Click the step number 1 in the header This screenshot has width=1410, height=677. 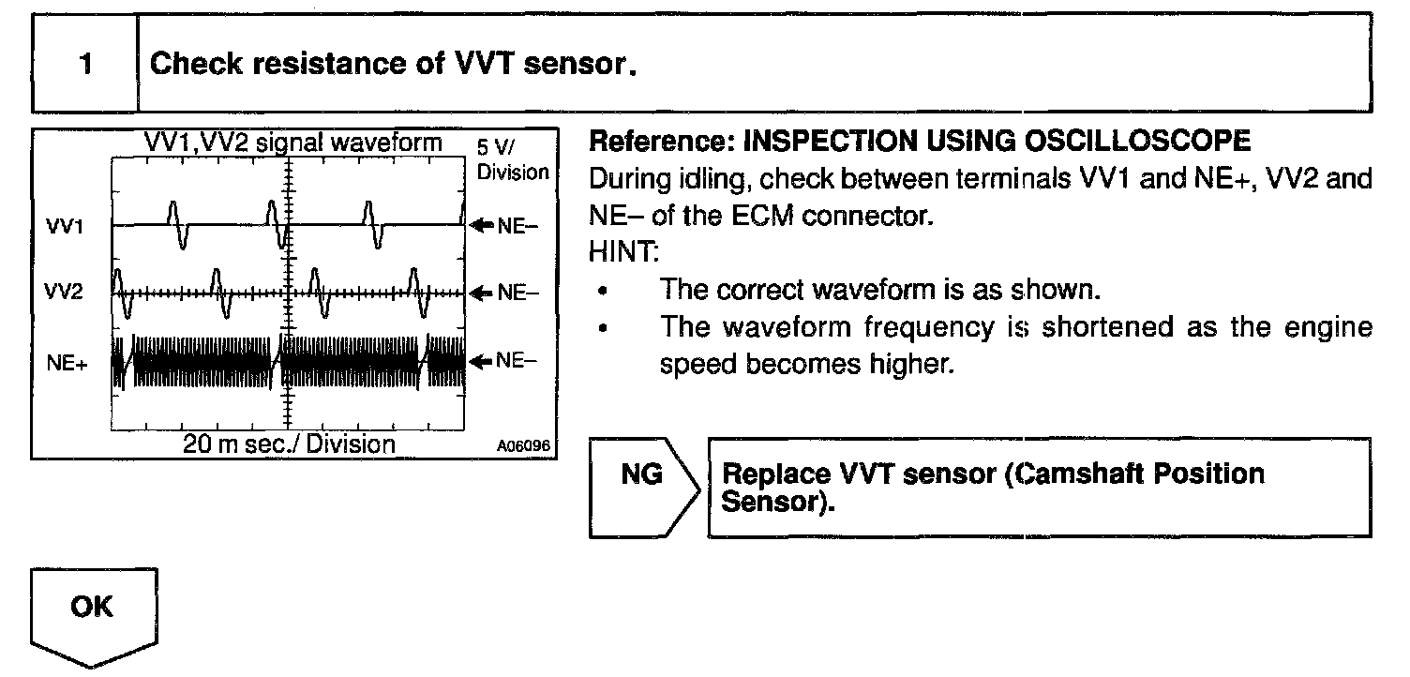coord(86,64)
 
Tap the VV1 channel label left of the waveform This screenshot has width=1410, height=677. coord(64,226)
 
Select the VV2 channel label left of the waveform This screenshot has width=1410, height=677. coord(64,292)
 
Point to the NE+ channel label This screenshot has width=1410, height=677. coord(67,363)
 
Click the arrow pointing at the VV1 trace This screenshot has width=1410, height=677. coord(482,225)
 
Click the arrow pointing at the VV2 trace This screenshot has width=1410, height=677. coord(482,293)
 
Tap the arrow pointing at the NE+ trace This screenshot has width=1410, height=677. coord(482,361)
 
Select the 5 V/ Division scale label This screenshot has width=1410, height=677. coord(513,160)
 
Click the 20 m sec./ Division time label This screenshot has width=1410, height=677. coord(289,444)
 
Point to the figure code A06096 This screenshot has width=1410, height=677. coord(523,446)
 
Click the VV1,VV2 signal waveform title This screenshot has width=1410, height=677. coord(293,143)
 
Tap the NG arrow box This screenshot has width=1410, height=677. coord(645,489)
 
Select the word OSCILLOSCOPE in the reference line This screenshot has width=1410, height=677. coord(1137,141)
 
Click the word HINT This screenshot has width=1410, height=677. coord(623,252)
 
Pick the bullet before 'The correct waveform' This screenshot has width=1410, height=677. coord(603,291)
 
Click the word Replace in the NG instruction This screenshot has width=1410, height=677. coord(775,474)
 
